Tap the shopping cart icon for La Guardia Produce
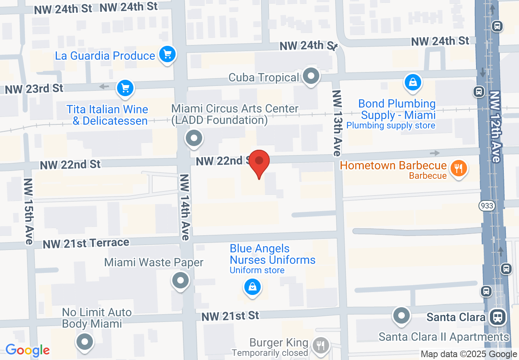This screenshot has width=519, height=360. click(x=167, y=54)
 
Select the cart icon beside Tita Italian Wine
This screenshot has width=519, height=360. click(x=125, y=88)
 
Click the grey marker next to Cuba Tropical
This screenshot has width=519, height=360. click(x=311, y=76)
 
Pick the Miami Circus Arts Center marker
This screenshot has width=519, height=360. click(x=194, y=138)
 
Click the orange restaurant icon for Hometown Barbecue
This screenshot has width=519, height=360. click(x=458, y=168)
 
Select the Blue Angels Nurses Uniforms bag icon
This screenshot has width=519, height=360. click(x=253, y=287)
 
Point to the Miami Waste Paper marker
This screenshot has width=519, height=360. click(x=181, y=281)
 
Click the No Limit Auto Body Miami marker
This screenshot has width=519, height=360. click(x=85, y=342)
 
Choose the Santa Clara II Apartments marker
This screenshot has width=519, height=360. click(x=401, y=315)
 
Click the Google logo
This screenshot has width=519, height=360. click(x=28, y=350)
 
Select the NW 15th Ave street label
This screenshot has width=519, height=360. click(x=28, y=211)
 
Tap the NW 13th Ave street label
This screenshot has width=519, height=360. click(x=337, y=123)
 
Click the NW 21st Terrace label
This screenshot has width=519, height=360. click(x=86, y=243)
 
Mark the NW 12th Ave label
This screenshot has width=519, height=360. click(x=495, y=127)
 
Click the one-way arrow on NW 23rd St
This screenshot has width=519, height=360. click(x=104, y=87)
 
